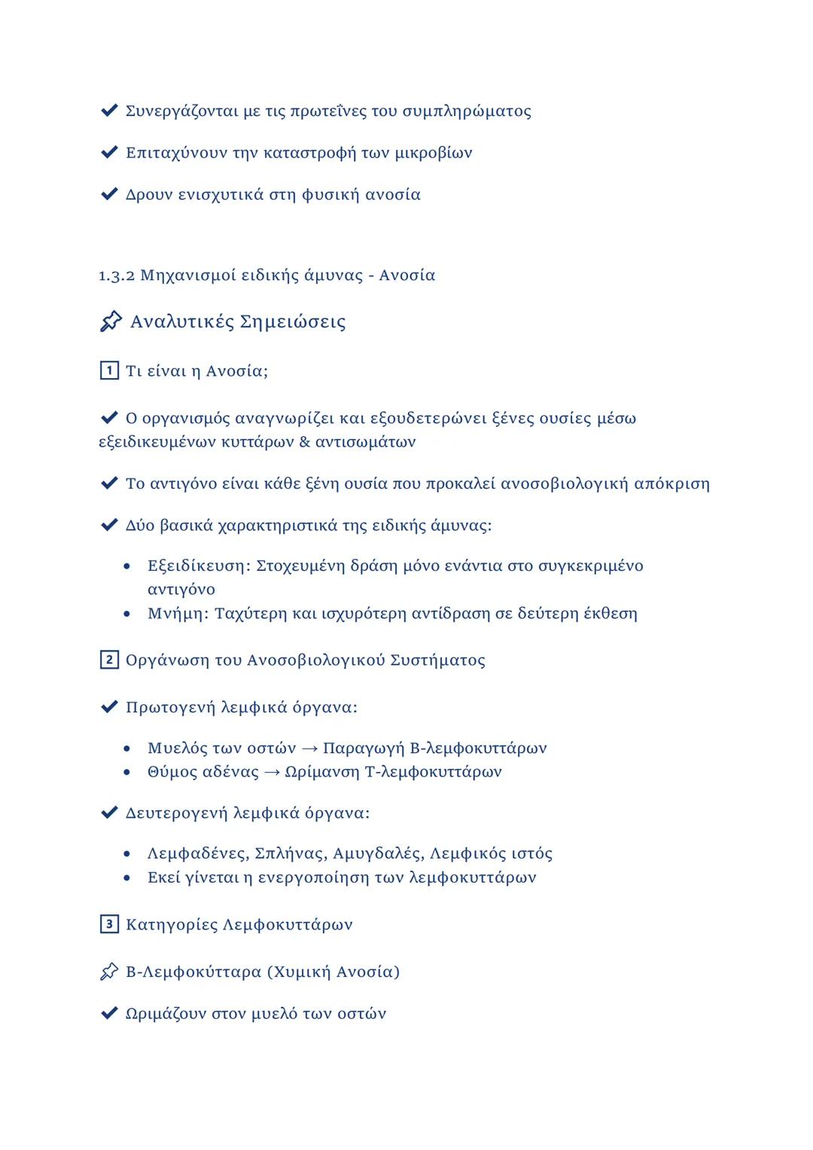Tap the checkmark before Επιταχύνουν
(109, 153)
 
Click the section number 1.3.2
(117, 276)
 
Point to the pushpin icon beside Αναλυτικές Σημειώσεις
(111, 322)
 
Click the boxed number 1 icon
(109, 371)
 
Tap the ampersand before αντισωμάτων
(305, 442)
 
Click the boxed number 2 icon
(109, 660)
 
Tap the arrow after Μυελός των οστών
(309, 749)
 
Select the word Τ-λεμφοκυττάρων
(433, 772)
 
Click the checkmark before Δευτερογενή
(109, 813)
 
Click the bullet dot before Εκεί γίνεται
(128, 878)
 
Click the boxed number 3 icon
(109, 925)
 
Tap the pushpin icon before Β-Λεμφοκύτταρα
(109, 972)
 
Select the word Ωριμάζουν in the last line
(166, 1014)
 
